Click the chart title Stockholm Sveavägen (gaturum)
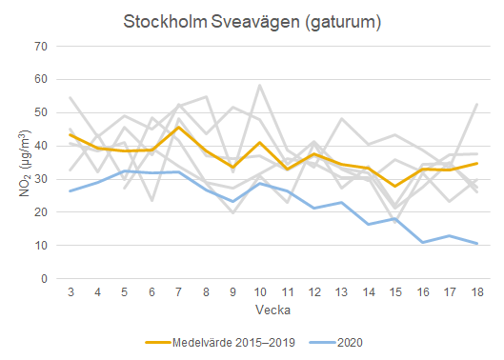click(252, 21)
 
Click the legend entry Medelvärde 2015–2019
click(227, 341)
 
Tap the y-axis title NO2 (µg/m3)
click(23, 164)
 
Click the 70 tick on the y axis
click(40, 46)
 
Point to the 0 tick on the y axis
click(44, 279)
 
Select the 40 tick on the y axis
click(40, 146)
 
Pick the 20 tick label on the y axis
click(40, 212)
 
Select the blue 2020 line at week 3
click(71, 191)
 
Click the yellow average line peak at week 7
click(179, 127)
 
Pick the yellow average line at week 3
click(71, 134)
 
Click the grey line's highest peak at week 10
click(260, 85)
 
